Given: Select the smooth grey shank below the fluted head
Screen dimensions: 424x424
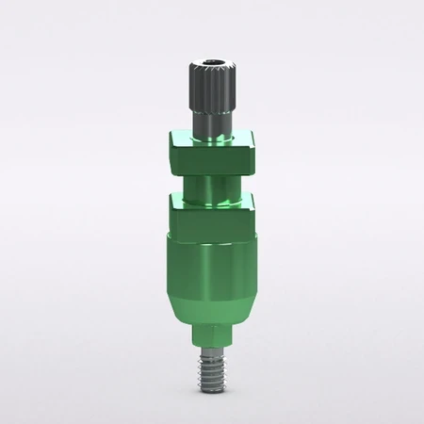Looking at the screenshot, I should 212,121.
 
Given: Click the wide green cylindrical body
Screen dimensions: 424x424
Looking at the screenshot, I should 212,253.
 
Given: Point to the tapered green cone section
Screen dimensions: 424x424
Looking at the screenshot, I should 212,300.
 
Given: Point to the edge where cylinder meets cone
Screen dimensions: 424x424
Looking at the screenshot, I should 212,278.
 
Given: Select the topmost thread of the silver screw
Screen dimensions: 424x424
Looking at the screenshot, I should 212,351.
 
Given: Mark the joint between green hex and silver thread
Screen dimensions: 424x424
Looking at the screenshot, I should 212,347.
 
